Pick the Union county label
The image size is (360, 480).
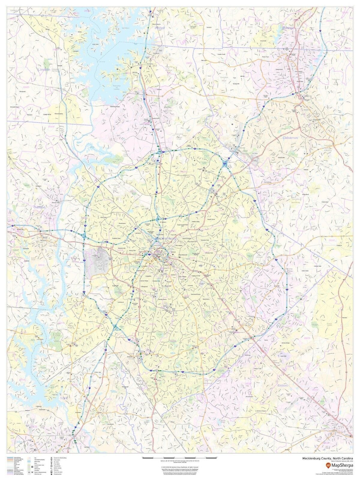pos(282,385)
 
